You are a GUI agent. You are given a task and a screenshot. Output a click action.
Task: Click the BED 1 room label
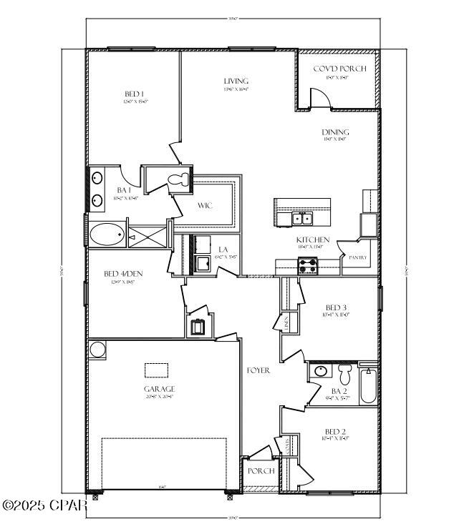click(x=135, y=94)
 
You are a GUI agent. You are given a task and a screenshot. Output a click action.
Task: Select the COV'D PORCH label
click(x=339, y=69)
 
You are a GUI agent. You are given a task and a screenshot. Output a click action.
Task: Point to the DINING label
click(x=336, y=132)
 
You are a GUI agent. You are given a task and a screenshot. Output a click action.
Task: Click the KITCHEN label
click(x=313, y=239)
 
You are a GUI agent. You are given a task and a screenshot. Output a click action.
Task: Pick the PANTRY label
click(x=357, y=257)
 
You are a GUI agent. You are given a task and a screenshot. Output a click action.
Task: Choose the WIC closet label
click(x=206, y=206)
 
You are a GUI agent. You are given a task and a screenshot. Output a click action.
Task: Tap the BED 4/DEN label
click(x=119, y=274)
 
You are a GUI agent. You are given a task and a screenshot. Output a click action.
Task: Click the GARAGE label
click(x=159, y=389)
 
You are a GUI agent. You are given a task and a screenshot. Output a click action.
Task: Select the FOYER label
click(x=258, y=370)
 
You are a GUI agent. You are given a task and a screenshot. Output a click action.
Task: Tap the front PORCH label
click(x=261, y=471)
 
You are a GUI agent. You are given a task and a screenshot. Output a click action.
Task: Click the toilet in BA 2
click(x=347, y=374)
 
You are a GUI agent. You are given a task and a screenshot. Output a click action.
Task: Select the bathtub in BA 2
click(x=368, y=386)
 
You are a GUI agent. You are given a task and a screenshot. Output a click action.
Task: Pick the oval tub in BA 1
click(x=107, y=234)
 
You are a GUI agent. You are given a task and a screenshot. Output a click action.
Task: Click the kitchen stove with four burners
click(x=308, y=265)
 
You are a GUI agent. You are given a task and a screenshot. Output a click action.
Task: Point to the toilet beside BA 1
click(x=176, y=178)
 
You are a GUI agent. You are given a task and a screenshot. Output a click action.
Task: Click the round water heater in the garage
click(x=97, y=350)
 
